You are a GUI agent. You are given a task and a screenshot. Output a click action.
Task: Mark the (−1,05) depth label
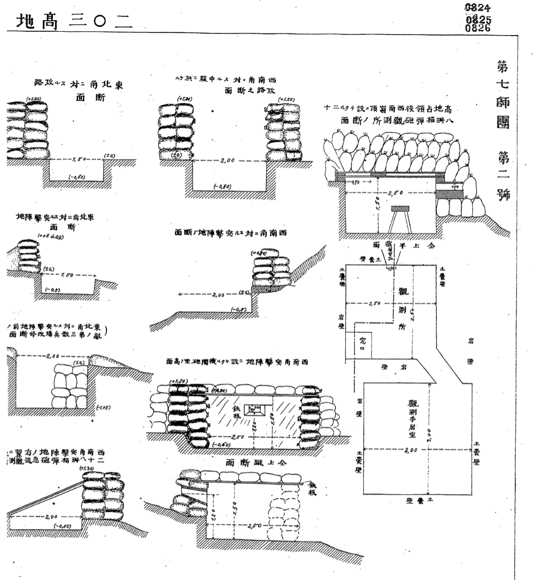point(103,407)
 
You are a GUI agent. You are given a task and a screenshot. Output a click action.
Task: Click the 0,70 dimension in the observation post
point(351,182)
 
